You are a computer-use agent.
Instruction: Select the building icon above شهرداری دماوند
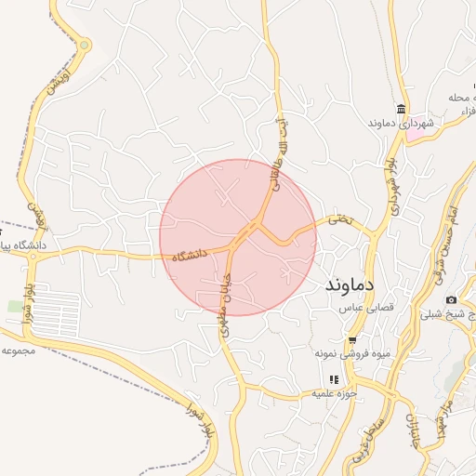pyautogui.click(x=400, y=108)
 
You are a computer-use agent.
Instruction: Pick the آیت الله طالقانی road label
pyautogui.click(x=276, y=158)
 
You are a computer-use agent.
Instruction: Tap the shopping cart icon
pyautogui.click(x=352, y=339)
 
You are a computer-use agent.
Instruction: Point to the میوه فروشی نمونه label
pyautogui.click(x=349, y=354)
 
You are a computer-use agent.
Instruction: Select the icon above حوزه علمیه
pyautogui.click(x=334, y=379)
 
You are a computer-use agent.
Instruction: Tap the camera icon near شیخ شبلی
pyautogui.click(x=451, y=299)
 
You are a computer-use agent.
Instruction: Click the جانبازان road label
pyautogui.click(x=410, y=428)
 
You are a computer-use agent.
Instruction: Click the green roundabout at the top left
pyautogui.click(x=86, y=45)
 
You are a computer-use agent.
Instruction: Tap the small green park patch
pyautogui.click(x=15, y=306)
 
